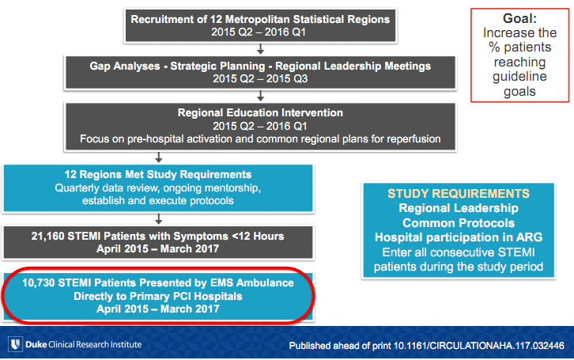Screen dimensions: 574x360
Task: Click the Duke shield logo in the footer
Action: point(15,344)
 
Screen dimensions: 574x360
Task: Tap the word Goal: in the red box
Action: point(519,18)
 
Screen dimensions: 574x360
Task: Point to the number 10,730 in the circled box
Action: point(39,282)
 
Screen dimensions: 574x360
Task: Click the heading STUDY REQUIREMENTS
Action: point(459,194)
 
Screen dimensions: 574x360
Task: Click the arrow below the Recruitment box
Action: point(260,49)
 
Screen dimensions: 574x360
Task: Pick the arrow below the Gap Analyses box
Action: point(260,96)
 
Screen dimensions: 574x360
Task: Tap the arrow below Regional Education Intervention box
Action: point(158,157)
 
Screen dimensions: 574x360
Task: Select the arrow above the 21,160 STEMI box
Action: point(158,219)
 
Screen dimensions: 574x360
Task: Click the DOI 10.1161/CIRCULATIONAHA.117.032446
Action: point(478,346)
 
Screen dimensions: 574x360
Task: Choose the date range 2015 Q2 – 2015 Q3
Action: point(260,79)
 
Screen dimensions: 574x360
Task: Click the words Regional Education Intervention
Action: point(260,113)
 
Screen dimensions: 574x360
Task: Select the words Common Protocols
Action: point(459,223)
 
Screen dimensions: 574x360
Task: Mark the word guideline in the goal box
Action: point(519,77)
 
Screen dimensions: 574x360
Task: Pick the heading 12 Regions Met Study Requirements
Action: point(158,174)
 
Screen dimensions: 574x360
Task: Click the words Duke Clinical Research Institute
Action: point(84,345)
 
